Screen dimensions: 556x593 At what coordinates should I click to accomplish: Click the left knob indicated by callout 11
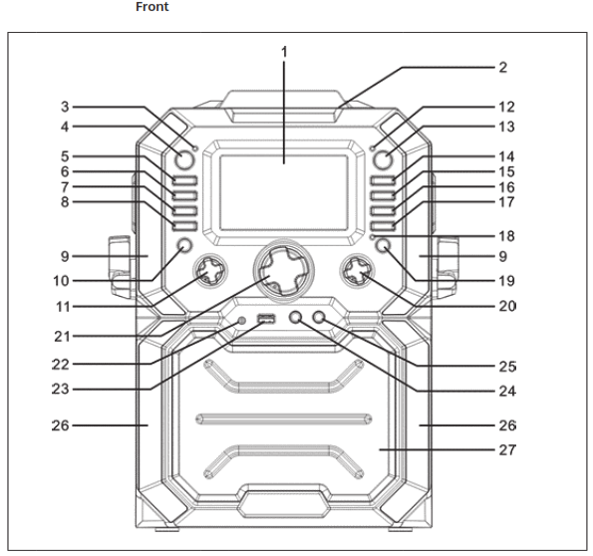(x=210, y=269)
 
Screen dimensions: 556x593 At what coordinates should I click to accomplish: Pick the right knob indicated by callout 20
(x=357, y=269)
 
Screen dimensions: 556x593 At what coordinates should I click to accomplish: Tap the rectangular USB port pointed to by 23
(x=265, y=320)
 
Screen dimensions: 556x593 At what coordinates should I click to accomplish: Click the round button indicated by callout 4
(x=183, y=161)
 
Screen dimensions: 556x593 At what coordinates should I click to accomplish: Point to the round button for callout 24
(x=297, y=318)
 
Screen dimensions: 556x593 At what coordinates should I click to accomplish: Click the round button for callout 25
(x=320, y=318)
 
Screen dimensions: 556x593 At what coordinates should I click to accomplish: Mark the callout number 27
(x=507, y=448)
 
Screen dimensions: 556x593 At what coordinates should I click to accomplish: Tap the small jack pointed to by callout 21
(x=242, y=320)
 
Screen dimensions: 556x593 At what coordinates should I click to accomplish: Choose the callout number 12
(x=507, y=105)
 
